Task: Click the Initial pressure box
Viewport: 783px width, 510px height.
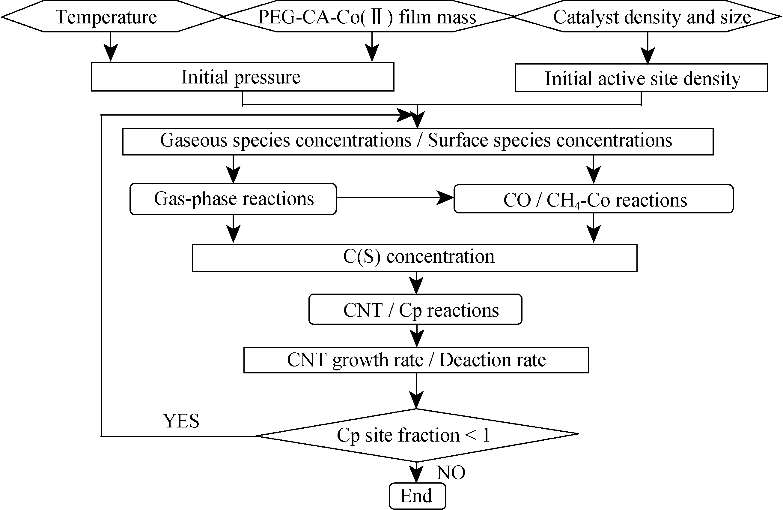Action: pyautogui.click(x=242, y=77)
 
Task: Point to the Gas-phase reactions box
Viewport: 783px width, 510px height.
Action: pyautogui.click(x=233, y=199)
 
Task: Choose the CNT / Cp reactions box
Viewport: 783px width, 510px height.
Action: pyautogui.click(x=415, y=309)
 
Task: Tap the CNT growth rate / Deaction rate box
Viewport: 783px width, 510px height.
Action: pyautogui.click(x=416, y=360)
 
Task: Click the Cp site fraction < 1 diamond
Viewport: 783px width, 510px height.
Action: pyautogui.click(x=416, y=435)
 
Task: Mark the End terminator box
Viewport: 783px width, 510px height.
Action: pyautogui.click(x=417, y=496)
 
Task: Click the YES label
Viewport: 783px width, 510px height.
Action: pyautogui.click(x=181, y=421)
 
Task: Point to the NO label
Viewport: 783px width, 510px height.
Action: pyautogui.click(x=451, y=473)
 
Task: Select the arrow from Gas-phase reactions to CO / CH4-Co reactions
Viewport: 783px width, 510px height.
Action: pyautogui.click(x=395, y=198)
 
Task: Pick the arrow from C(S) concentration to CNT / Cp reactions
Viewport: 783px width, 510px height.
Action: pyautogui.click(x=416, y=283)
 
